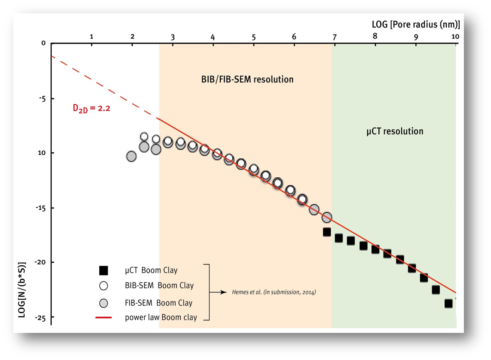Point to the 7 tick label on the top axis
click(x=335, y=37)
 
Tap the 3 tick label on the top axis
click(x=173, y=37)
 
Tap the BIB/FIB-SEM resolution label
click(x=245, y=79)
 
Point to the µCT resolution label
click(x=395, y=131)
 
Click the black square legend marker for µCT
click(x=104, y=270)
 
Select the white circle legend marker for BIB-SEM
click(x=104, y=286)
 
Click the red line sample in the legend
click(x=104, y=317)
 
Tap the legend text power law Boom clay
click(x=161, y=317)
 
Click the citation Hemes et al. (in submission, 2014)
click(x=274, y=292)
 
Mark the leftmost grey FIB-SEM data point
click(x=131, y=156)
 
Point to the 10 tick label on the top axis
click(x=455, y=37)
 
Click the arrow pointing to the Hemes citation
click(x=218, y=292)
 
